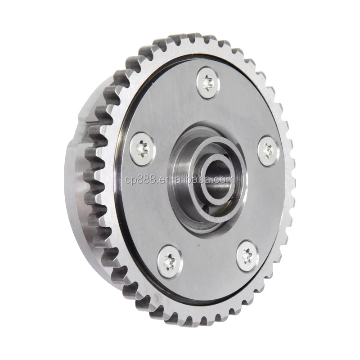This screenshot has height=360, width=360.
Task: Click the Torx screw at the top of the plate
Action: click(x=207, y=83)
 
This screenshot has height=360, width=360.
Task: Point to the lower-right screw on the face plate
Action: click(x=246, y=255)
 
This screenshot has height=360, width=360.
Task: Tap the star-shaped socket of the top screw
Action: click(x=207, y=83)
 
